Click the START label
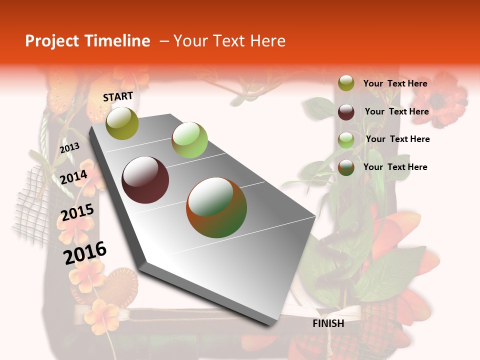click(x=118, y=96)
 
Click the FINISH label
click(x=328, y=323)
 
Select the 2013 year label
click(x=69, y=148)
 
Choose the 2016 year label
click(x=85, y=252)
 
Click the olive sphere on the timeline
click(x=122, y=123)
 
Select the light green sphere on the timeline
click(x=189, y=139)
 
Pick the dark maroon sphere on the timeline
click(x=145, y=180)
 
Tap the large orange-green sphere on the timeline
click(x=216, y=207)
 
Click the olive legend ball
click(x=346, y=83)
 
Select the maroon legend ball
click(x=346, y=112)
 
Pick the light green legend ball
click(x=346, y=140)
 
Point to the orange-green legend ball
click(x=346, y=167)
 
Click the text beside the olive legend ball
click(x=395, y=83)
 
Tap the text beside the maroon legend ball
click(x=396, y=111)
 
